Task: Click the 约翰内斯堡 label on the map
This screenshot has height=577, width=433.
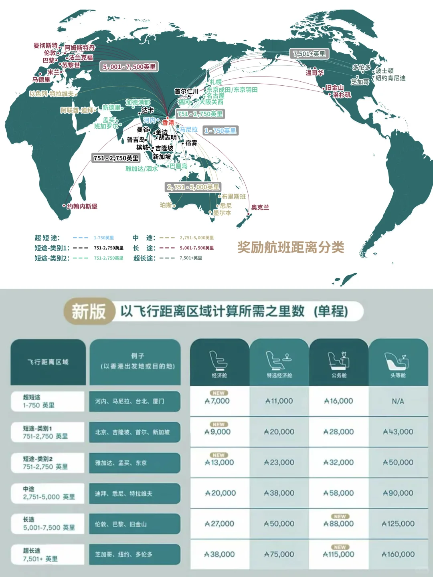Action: pos(82,206)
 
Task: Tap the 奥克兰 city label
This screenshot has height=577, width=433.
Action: pos(260,208)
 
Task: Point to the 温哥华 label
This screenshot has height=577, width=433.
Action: pos(315,73)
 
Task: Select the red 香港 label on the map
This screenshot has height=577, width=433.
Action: pos(168,123)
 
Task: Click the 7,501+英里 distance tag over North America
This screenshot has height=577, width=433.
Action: pos(309,54)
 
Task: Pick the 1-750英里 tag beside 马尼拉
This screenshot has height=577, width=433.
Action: pos(220,131)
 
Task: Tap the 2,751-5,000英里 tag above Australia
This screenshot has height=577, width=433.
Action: pos(193,187)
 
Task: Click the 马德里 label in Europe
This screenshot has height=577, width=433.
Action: pos(41,80)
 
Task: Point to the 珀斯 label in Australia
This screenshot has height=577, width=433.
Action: pos(166,205)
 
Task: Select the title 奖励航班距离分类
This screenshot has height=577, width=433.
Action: pos(291,247)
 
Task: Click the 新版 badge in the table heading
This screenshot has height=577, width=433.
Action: pos(88,311)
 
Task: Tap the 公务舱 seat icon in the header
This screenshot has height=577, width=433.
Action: pos(339,359)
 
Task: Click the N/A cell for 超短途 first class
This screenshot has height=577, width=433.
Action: pos(398,401)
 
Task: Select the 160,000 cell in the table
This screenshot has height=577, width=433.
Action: pos(398,555)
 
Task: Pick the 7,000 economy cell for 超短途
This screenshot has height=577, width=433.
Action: pos(218,401)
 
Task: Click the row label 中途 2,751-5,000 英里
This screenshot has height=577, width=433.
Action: pos(48,493)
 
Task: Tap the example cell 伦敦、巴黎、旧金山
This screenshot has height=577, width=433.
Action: pos(134,524)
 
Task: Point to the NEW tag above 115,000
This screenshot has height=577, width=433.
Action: pos(340,547)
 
